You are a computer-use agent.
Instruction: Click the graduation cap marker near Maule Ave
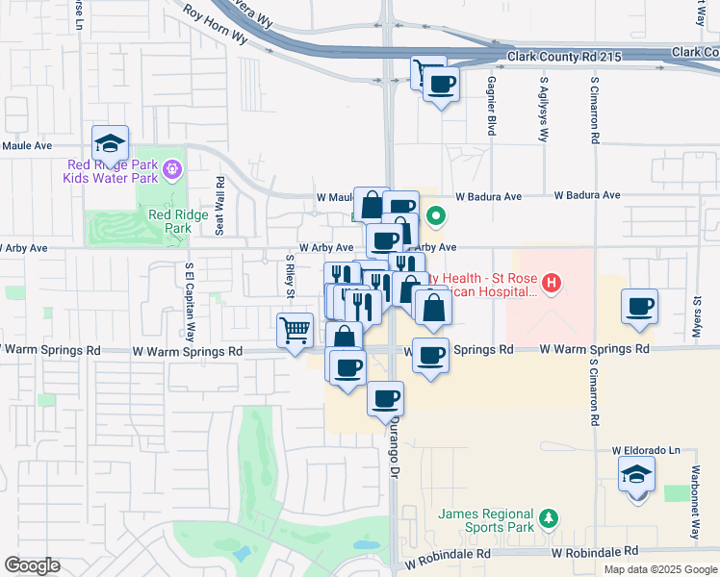point(110,143)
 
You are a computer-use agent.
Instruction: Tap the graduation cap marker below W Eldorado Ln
point(637,474)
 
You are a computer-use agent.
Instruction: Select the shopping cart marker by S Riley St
point(295,330)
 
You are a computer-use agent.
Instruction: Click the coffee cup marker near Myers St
point(640,307)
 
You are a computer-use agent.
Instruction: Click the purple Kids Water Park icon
point(172,170)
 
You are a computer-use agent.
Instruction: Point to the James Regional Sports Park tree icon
point(549,519)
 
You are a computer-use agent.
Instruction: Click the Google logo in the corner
point(32,564)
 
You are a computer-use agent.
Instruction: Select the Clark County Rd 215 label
point(560,57)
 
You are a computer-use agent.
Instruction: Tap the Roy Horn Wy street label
point(215,21)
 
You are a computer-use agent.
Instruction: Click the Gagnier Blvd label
point(492,106)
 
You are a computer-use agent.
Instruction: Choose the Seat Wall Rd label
point(220,205)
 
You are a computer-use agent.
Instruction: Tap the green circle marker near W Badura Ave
point(435,216)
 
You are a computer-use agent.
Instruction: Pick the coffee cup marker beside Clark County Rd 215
point(441,85)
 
